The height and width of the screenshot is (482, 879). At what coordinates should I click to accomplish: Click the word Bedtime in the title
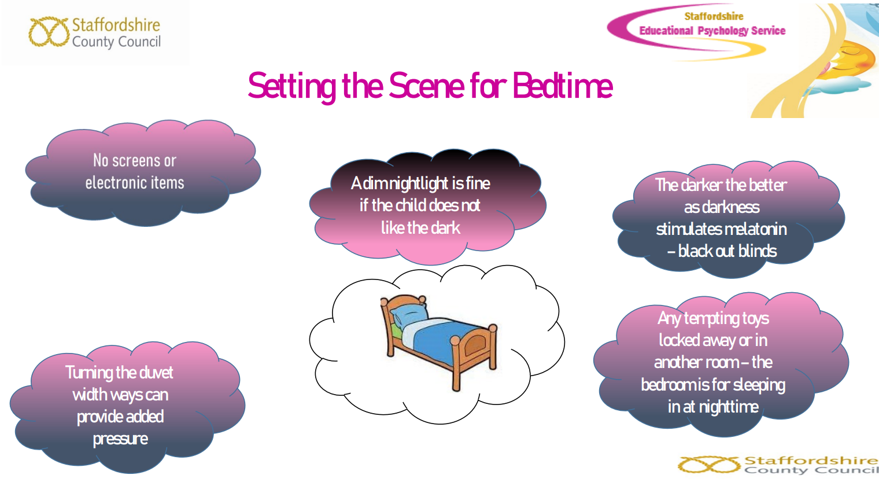click(x=562, y=86)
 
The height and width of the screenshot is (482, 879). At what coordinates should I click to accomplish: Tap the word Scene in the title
click(x=427, y=86)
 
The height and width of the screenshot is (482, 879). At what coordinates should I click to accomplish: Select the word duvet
click(x=156, y=373)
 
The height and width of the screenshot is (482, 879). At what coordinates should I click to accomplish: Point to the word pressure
click(x=120, y=439)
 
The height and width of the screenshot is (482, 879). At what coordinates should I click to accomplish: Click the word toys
click(x=751, y=319)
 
